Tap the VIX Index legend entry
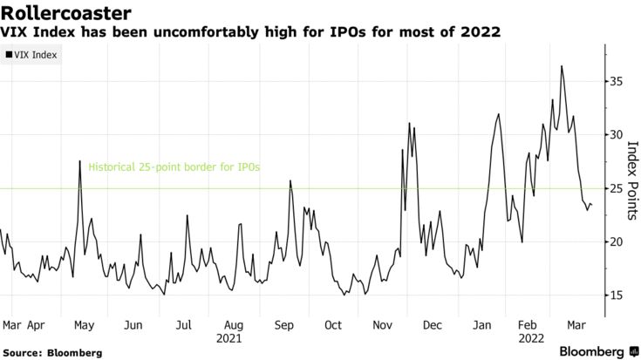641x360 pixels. (x=32, y=54)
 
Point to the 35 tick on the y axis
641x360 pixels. (x=617, y=81)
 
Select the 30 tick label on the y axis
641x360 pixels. (x=617, y=135)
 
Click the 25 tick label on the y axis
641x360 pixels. (x=617, y=188)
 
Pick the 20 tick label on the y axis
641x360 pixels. (x=617, y=242)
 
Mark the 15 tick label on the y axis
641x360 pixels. (x=617, y=295)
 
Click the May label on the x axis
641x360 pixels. (x=84, y=324)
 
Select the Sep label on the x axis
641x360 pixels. (x=284, y=324)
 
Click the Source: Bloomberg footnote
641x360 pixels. (x=51, y=353)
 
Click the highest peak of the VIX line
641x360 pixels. (x=562, y=66)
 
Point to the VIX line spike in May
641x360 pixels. (x=79, y=161)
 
